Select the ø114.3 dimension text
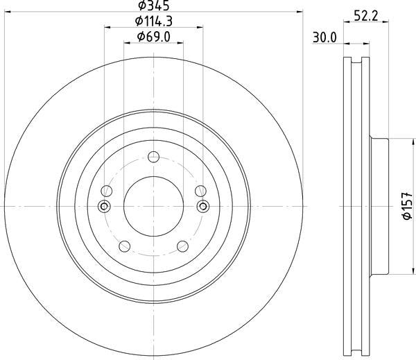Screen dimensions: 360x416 coord(154,21)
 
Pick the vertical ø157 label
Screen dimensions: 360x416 coord(408,206)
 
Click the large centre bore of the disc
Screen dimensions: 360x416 coord(154,206)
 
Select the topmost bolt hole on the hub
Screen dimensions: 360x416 coord(154,157)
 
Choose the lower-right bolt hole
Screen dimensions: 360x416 coord(182,246)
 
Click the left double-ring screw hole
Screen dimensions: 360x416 coord(105,206)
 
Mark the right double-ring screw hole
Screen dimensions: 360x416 coord(203,206)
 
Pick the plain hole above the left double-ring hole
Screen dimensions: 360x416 coord(107,191)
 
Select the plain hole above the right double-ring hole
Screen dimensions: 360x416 coord(201,191)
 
